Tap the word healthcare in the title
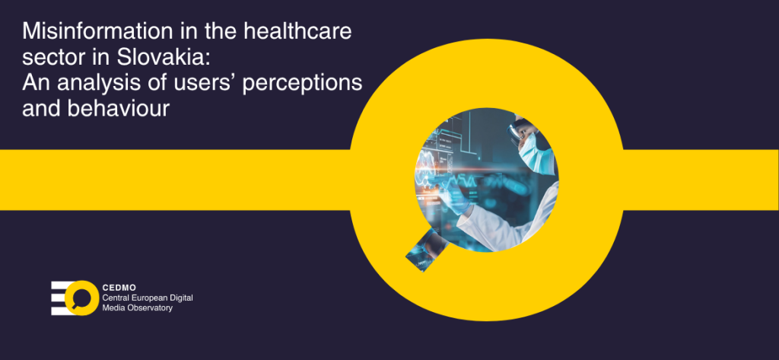(x=297, y=32)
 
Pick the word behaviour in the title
(x=118, y=109)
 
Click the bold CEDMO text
(x=119, y=288)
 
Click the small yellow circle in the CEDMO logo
(x=81, y=298)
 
